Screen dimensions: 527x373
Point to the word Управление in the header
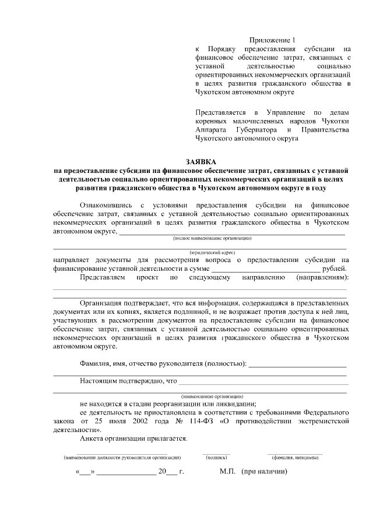coord(286,111)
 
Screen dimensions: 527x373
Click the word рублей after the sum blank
coord(336,268)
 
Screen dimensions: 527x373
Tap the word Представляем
coord(103,278)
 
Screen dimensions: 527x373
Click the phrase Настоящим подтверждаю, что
coord(128,381)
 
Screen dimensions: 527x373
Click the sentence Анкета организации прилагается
coord(134,438)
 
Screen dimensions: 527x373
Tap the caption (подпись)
coord(216,458)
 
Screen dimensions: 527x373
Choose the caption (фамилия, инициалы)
coord(294,458)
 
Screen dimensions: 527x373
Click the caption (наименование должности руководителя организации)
coord(122,458)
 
